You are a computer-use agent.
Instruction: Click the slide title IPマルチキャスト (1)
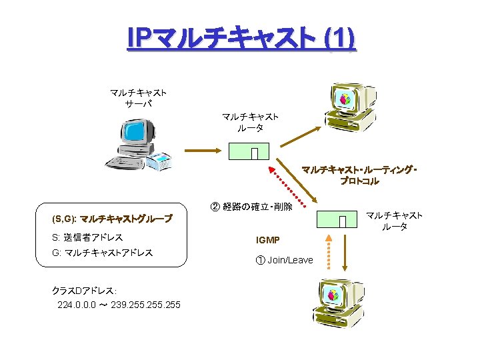click(x=241, y=39)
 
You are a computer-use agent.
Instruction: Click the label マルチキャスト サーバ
click(x=138, y=98)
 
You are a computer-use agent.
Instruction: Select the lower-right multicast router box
click(x=335, y=219)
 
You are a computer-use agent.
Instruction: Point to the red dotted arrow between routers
click(x=291, y=185)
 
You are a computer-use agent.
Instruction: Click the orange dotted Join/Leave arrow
click(x=327, y=252)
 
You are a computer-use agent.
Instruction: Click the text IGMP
click(x=268, y=240)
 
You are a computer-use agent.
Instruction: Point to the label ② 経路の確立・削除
click(x=251, y=207)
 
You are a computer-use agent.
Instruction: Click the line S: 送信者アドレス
click(x=87, y=237)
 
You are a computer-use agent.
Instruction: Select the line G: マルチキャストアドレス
click(x=102, y=253)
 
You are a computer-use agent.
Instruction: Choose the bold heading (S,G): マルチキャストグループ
click(x=112, y=219)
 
